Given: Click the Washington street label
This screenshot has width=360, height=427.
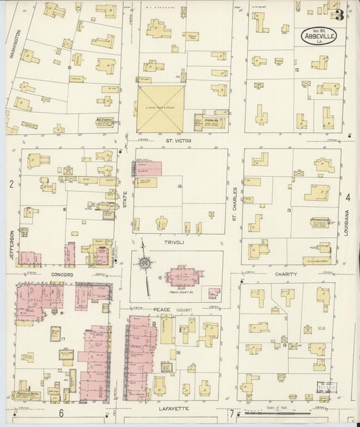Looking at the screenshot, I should coord(18,45).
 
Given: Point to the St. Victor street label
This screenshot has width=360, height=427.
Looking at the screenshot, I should coord(180,142).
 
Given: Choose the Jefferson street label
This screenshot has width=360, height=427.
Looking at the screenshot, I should coord(11,243).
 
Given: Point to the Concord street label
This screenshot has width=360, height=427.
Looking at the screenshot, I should coord(61,276).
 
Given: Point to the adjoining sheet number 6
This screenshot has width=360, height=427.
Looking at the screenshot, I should coord(61,412).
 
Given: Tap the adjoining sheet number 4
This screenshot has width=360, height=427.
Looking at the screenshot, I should coord(349,197).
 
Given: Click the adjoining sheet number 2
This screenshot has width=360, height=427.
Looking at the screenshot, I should coord(11,184).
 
